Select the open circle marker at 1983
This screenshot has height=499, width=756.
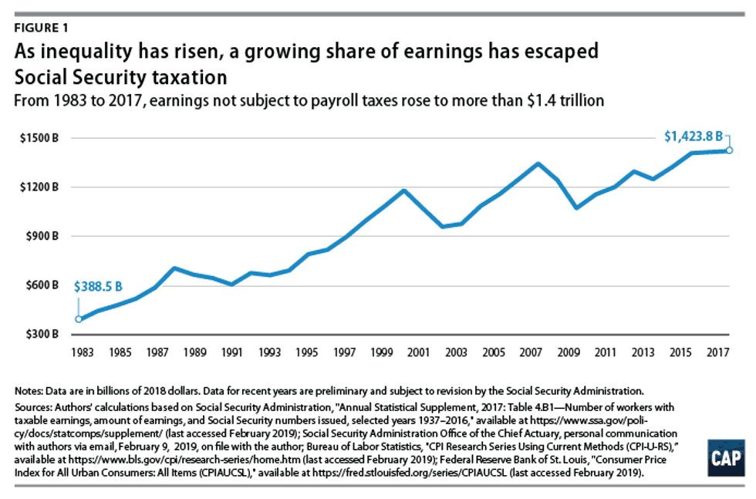click(x=78, y=319)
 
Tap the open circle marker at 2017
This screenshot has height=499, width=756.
click(x=728, y=150)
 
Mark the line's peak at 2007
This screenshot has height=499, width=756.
click(x=538, y=164)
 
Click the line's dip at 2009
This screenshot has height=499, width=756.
click(x=575, y=208)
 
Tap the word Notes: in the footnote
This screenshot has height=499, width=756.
click(x=32, y=392)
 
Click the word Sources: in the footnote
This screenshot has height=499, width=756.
click(x=36, y=406)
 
